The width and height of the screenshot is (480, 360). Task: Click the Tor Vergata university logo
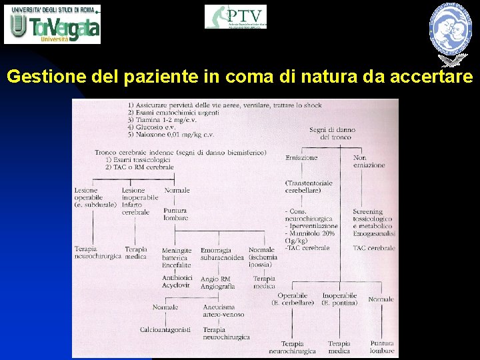pos(53,24)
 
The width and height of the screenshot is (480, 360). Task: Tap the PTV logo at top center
pos(235,17)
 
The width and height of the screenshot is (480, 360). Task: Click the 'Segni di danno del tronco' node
pos(332,133)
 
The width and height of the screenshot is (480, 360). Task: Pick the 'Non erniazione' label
pos(369,161)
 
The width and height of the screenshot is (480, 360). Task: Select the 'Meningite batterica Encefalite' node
pos(177,257)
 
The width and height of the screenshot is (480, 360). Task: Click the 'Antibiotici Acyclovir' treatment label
pos(177,281)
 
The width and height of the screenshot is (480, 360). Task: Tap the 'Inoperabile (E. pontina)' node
pos(339,299)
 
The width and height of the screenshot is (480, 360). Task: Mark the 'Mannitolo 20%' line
pos(311,233)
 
